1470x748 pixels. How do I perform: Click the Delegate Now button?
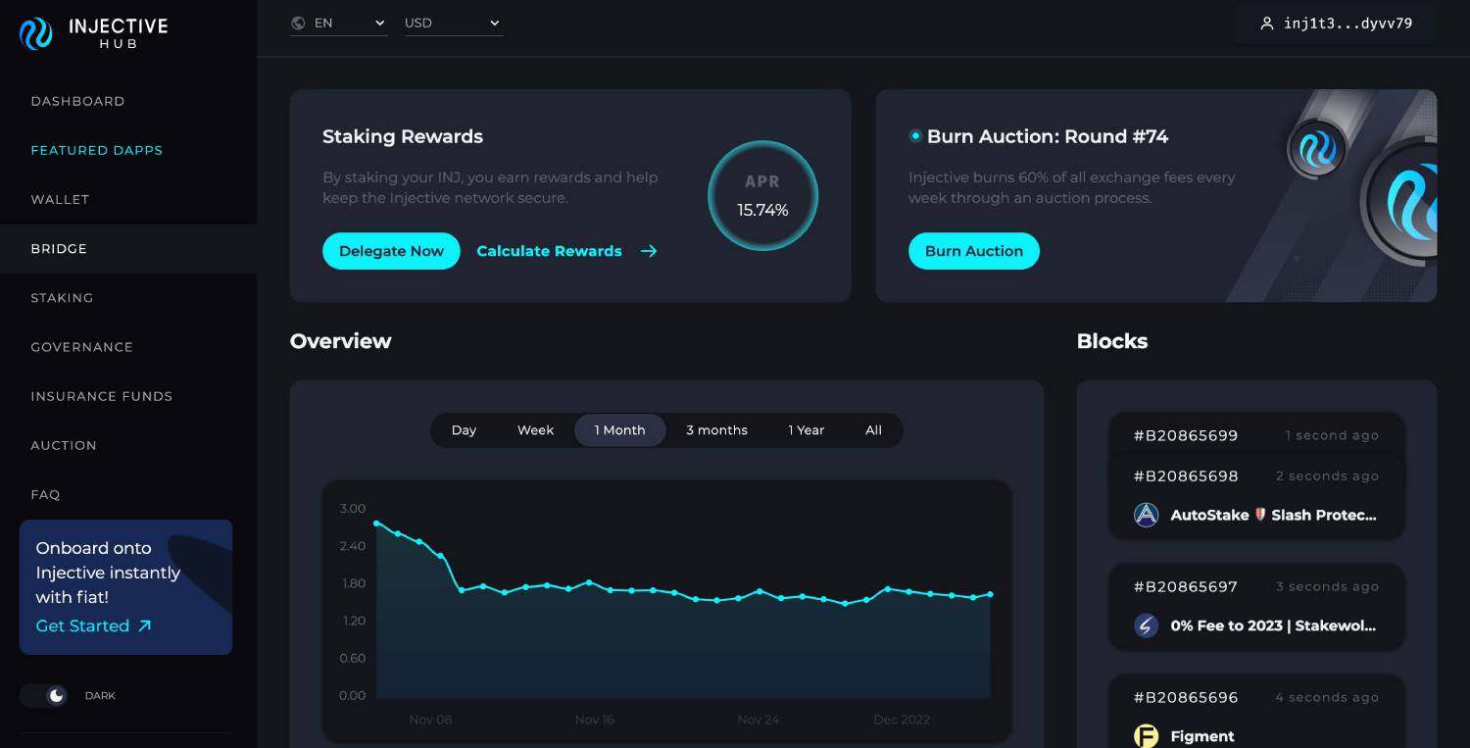coord(391,251)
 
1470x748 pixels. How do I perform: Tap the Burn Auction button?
coord(973,251)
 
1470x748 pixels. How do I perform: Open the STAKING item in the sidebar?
coord(62,298)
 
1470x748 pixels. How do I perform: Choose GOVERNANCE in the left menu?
coord(81,347)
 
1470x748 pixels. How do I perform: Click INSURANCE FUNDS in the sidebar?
coord(101,396)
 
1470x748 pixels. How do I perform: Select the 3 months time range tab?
coord(716,430)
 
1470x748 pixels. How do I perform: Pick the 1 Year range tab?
coord(806,430)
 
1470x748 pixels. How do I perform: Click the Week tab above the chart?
coord(535,430)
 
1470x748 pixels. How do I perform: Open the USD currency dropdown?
coord(453,24)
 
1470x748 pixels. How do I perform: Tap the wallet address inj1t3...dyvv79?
coord(1337,24)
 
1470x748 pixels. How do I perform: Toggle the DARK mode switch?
coord(44,695)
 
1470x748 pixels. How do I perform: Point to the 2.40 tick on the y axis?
coord(353,546)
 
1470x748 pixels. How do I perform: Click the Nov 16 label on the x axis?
coord(594,720)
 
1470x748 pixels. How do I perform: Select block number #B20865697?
coord(1185,586)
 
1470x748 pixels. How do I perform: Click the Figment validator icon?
coord(1146,735)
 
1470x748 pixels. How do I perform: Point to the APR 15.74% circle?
coord(762,196)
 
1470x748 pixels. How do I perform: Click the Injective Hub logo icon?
coord(36,34)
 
